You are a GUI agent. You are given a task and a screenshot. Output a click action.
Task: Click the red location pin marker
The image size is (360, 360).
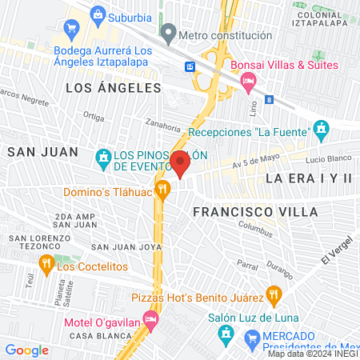[180, 166]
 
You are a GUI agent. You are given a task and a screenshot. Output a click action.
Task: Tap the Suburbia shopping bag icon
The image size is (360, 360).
[98, 14]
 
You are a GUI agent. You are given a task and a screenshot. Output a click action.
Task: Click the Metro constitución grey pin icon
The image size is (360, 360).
[168, 34]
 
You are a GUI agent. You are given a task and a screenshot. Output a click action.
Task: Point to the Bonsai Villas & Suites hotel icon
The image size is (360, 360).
[248, 80]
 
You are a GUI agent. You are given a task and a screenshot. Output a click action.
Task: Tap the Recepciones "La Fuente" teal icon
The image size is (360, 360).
[322, 128]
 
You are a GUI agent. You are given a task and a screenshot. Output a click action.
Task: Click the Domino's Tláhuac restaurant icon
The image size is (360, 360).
[163, 190]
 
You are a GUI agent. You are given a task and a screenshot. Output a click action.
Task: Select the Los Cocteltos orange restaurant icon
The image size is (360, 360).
[46, 265]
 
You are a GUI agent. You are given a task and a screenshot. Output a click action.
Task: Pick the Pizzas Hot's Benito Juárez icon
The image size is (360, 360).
[273, 296]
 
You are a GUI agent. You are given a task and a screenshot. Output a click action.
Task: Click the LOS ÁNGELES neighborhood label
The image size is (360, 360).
[113, 88]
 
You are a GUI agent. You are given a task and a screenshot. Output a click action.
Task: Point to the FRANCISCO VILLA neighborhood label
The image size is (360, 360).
[255, 211]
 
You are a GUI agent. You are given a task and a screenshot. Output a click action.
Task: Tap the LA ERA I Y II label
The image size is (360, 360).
[309, 178]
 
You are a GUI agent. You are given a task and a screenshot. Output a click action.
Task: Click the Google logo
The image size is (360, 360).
[27, 350]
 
